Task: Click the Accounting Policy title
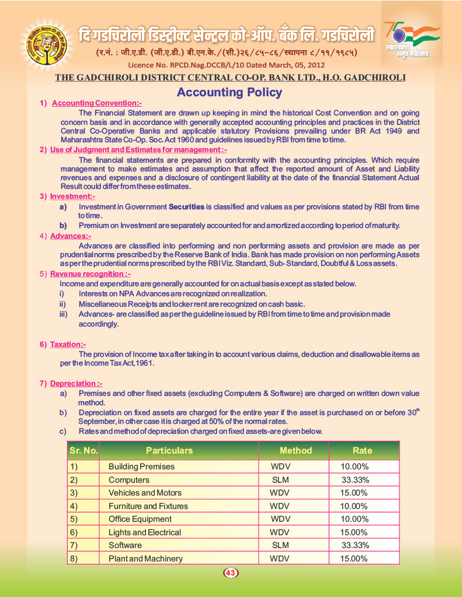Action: click(229, 92)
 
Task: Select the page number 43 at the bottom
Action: click(230, 573)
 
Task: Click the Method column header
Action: click(296, 451)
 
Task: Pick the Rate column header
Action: click(362, 451)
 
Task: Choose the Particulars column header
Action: click(169, 451)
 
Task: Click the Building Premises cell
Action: click(141, 467)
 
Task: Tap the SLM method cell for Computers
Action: click(280, 480)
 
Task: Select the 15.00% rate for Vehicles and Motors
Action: click(354, 493)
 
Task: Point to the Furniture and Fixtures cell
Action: click(148, 506)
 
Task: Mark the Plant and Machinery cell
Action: click(145, 559)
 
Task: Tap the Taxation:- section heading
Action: click(68, 345)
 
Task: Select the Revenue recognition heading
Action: click(90, 273)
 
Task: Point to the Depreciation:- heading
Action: click(76, 384)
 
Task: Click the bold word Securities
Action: click(186, 207)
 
